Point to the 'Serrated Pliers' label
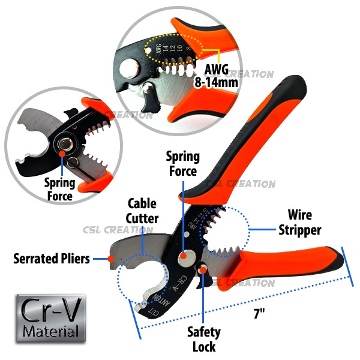point(52,259)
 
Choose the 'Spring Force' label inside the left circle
point(59,189)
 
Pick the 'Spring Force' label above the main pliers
point(182,164)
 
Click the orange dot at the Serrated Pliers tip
point(111,259)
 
